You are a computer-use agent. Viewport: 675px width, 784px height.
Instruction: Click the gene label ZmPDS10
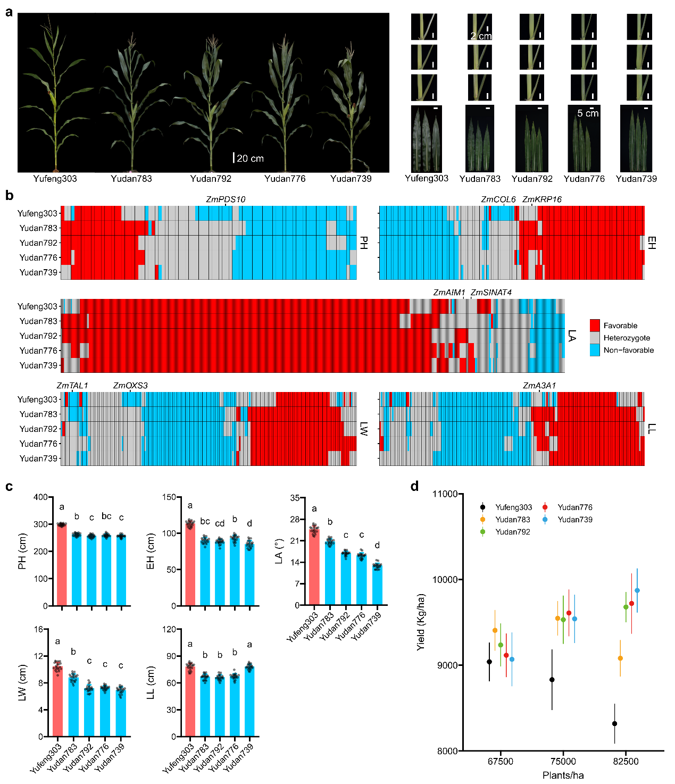(x=226, y=199)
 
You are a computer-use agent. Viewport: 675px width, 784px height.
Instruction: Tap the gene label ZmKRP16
(x=541, y=199)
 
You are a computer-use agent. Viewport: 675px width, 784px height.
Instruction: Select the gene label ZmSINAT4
(x=491, y=293)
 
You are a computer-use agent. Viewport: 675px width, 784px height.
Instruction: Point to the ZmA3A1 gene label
(x=539, y=386)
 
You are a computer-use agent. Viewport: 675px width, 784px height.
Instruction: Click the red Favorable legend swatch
(x=595, y=326)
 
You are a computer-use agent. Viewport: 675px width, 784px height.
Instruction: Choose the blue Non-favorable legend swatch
(x=595, y=350)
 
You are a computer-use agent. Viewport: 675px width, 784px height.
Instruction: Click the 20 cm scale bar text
(x=250, y=159)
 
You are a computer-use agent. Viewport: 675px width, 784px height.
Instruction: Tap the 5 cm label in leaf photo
(x=588, y=113)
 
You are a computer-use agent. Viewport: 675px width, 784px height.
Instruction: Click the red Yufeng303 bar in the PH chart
(x=62, y=565)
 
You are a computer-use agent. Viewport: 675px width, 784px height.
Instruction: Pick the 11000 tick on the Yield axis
(x=445, y=494)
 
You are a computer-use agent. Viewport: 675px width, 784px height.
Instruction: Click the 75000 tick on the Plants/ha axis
(x=563, y=761)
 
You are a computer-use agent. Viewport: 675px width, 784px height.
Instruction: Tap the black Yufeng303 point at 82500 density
(x=614, y=723)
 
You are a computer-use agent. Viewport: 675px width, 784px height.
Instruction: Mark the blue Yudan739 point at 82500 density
(x=637, y=590)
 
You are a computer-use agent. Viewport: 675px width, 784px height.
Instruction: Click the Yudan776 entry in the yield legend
(x=574, y=507)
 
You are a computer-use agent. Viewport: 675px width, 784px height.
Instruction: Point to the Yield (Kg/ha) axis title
(x=421, y=622)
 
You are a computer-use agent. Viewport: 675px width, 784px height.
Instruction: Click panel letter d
(x=414, y=486)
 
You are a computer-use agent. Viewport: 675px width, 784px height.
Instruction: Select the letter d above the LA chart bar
(x=377, y=545)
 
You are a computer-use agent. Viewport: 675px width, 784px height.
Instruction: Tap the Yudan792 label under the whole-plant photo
(x=211, y=179)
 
